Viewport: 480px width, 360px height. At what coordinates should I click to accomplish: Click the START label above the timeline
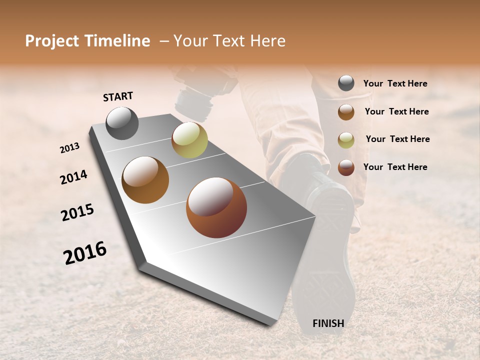coord(118,96)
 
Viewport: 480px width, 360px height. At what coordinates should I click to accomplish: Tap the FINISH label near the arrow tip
coord(328,323)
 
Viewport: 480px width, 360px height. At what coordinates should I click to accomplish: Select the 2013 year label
coord(70,148)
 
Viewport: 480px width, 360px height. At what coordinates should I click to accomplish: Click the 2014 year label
coord(73,177)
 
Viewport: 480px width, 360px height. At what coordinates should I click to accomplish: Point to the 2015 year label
coord(77,212)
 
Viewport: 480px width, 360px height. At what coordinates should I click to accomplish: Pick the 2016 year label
coord(85,253)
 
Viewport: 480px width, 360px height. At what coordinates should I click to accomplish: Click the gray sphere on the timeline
coord(122,123)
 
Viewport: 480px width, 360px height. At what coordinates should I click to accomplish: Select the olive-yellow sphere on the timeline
coord(189,139)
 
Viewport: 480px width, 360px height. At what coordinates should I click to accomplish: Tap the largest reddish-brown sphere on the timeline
coord(216,207)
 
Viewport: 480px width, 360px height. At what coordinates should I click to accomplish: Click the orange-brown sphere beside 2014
coord(145,179)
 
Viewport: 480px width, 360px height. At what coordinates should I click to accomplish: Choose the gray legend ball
coord(346,83)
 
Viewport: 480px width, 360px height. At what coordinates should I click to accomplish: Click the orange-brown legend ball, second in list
coord(346,111)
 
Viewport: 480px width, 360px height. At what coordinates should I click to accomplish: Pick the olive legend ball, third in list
coord(346,139)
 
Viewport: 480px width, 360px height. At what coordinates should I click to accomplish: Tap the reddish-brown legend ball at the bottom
coord(346,167)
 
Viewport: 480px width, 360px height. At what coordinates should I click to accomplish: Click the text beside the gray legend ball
coord(395,83)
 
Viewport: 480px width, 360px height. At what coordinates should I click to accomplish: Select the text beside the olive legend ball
coord(398,139)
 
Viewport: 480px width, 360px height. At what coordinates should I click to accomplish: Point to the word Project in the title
coord(52,41)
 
